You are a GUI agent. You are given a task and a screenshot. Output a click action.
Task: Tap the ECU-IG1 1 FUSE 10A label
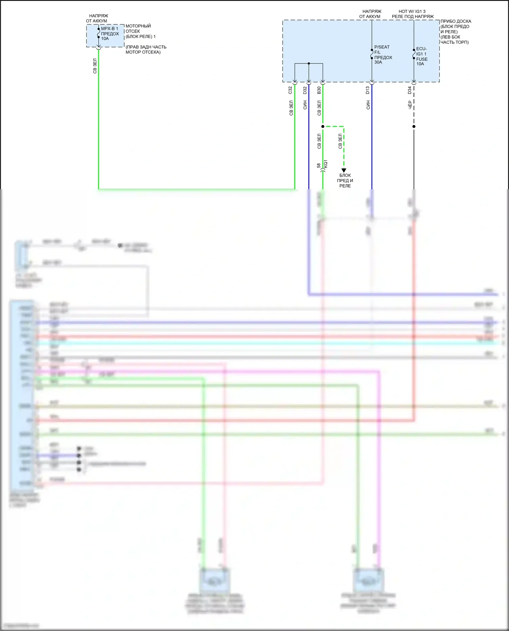click(x=421, y=56)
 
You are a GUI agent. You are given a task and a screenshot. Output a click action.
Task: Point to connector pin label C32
click(x=290, y=90)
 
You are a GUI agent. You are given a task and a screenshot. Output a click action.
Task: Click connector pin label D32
click(x=305, y=90)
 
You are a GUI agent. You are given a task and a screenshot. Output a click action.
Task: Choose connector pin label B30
click(x=319, y=90)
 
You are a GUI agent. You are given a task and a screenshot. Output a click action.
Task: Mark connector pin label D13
click(x=367, y=90)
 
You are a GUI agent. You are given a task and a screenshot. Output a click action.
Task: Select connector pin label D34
click(x=410, y=90)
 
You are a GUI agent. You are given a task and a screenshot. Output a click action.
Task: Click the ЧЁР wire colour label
click(x=410, y=105)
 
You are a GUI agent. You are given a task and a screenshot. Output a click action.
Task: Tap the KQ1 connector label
click(x=326, y=164)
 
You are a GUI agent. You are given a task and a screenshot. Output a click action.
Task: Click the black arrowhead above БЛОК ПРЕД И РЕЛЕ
click(x=344, y=170)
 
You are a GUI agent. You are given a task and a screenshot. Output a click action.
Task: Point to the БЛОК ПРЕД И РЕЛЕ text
click(x=345, y=181)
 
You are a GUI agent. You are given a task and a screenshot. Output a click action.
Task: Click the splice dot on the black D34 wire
click(x=414, y=126)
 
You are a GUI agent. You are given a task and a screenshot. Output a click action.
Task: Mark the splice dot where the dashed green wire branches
click(x=323, y=126)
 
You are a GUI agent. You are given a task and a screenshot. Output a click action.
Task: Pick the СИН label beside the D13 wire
click(x=368, y=105)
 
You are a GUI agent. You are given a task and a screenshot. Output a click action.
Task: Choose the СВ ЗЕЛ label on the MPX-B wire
click(x=95, y=66)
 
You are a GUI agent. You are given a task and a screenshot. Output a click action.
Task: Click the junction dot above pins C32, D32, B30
click(x=309, y=63)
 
